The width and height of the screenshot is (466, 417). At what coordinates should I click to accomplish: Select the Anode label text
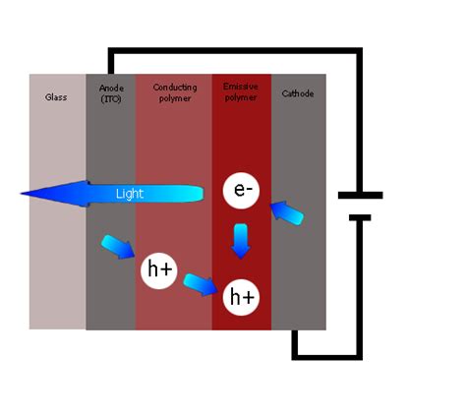point(111,88)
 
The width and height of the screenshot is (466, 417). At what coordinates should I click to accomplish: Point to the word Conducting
point(175,88)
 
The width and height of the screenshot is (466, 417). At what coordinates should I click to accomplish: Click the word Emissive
point(241,88)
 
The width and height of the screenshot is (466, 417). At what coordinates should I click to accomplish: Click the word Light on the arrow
point(130,194)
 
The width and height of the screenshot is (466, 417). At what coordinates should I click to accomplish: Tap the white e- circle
point(241,191)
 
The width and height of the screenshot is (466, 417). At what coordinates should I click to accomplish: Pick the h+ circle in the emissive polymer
point(241,295)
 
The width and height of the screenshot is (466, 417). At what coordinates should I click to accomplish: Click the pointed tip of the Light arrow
point(25,194)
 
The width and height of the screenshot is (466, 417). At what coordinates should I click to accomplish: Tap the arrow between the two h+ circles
point(201,284)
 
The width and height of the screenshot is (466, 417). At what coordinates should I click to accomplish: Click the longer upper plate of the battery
point(360,195)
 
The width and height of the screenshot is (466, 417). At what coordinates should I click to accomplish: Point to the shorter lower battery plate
point(360,217)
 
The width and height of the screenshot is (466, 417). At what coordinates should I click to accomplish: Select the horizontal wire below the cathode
point(324,355)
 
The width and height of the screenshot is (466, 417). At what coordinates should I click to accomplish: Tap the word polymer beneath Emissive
point(241,98)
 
